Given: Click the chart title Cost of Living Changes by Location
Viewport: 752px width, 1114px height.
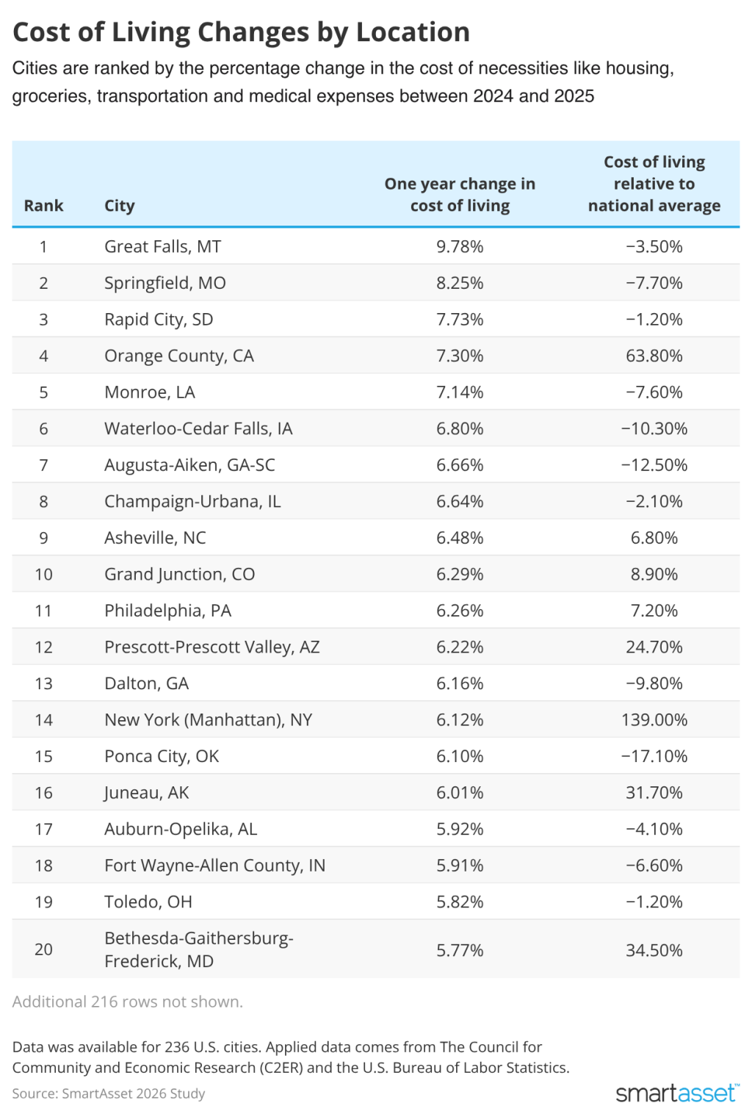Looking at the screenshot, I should (241, 32).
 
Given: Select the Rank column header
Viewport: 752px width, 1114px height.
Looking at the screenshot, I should (43, 206).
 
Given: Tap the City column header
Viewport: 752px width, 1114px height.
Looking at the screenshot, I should (119, 206).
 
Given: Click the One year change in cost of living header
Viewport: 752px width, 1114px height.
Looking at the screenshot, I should (460, 195).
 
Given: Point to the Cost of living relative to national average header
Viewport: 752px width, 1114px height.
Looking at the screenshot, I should (654, 184).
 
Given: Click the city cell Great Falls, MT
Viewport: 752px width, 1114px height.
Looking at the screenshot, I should (162, 247).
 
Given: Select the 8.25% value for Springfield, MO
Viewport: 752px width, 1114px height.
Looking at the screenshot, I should (460, 283).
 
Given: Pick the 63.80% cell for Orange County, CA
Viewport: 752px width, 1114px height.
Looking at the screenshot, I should (654, 356).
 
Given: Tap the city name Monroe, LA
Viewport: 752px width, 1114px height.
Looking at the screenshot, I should (150, 392).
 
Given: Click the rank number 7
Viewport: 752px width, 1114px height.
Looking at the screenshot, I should (43, 465).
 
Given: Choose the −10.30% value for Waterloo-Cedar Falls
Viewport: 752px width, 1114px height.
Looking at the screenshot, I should (654, 428).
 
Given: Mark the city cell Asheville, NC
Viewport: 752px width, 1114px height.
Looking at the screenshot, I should (155, 538).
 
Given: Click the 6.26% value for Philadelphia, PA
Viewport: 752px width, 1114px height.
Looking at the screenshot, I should (460, 611).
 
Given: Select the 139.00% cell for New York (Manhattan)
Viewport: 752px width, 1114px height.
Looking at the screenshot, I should (654, 720).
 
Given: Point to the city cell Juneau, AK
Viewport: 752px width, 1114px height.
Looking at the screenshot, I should (147, 793).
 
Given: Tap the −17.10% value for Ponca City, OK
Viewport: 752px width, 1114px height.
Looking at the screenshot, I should (654, 756).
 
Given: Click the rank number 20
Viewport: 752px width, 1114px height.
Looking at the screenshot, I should (43, 949).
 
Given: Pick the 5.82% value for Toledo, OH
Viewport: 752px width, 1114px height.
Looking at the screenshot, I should (460, 902).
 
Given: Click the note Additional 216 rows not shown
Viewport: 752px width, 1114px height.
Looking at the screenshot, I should (127, 1002).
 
